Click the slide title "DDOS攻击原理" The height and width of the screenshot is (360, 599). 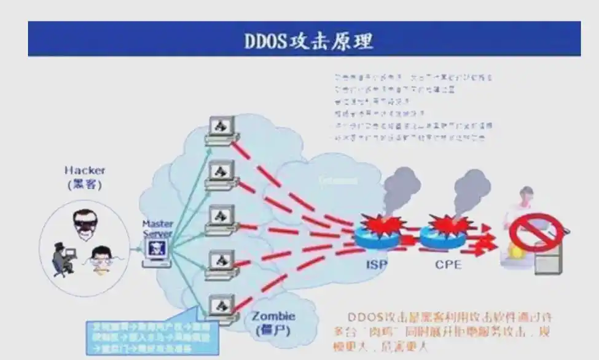308,41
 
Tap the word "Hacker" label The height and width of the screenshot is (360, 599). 85,170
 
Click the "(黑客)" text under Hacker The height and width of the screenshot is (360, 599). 85,184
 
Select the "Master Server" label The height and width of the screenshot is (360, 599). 158,229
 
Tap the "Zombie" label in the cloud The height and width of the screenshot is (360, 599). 273,316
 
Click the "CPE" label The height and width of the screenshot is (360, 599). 448,266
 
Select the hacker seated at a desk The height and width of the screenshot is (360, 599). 63,257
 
